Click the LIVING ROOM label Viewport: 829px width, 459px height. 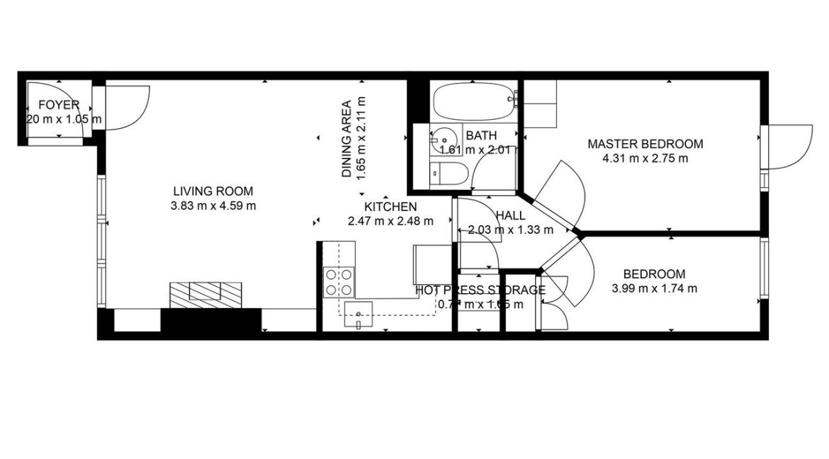[213, 191]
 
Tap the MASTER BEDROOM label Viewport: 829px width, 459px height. [645, 144]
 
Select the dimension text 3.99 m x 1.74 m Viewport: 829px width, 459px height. [654, 288]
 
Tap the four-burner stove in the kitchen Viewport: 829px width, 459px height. [339, 281]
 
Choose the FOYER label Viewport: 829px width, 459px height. [59, 105]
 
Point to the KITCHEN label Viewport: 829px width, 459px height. [390, 207]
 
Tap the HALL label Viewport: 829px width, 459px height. [510, 215]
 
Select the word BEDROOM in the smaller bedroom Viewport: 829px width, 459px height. [654, 274]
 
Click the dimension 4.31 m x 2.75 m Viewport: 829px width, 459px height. [645, 159]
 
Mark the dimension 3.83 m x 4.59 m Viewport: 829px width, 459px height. [213, 206]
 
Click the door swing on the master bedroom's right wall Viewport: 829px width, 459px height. [786, 147]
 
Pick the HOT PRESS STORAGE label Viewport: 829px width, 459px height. [480, 290]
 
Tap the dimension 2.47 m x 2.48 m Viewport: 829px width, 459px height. [390, 221]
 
